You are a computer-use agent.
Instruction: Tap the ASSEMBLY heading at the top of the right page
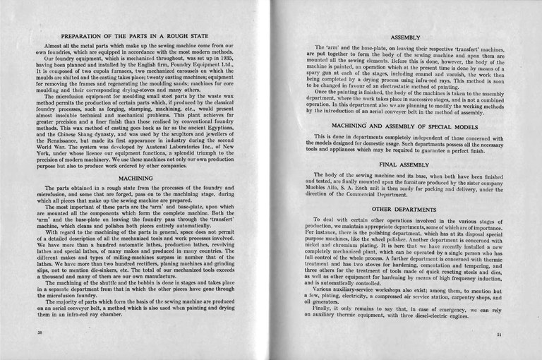[x=405, y=37]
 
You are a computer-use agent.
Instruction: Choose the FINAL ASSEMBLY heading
[x=404, y=164]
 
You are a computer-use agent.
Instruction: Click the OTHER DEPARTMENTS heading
[x=404, y=210]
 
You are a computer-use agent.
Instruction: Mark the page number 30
[x=40, y=331]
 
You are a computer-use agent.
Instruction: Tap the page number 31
[x=499, y=335]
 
